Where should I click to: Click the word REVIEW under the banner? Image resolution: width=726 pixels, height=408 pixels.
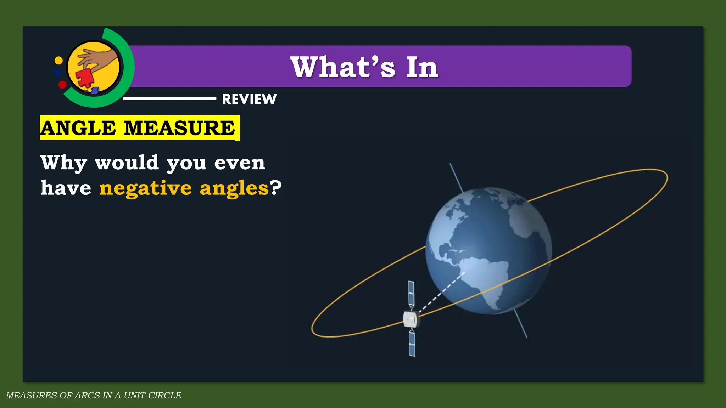tap(249, 99)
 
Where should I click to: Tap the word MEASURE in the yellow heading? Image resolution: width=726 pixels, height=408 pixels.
tap(179, 128)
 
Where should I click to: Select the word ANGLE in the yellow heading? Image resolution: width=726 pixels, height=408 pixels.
tap(78, 128)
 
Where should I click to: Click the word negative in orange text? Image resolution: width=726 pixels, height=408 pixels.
tap(145, 188)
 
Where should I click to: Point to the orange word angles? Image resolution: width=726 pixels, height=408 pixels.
tap(234, 188)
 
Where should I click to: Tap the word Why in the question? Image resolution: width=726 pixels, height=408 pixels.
tap(64, 163)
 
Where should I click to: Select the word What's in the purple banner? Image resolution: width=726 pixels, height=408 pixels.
tap(342, 67)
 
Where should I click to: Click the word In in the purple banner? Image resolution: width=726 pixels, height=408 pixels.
tap(422, 67)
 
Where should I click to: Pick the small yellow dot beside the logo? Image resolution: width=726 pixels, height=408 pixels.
tap(58, 61)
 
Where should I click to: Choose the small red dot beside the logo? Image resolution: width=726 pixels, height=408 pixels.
tap(62, 85)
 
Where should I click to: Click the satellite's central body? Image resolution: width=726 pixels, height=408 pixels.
tap(411, 319)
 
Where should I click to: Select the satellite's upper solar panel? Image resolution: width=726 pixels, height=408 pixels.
tap(411, 294)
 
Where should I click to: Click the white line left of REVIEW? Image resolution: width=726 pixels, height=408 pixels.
tap(169, 99)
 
